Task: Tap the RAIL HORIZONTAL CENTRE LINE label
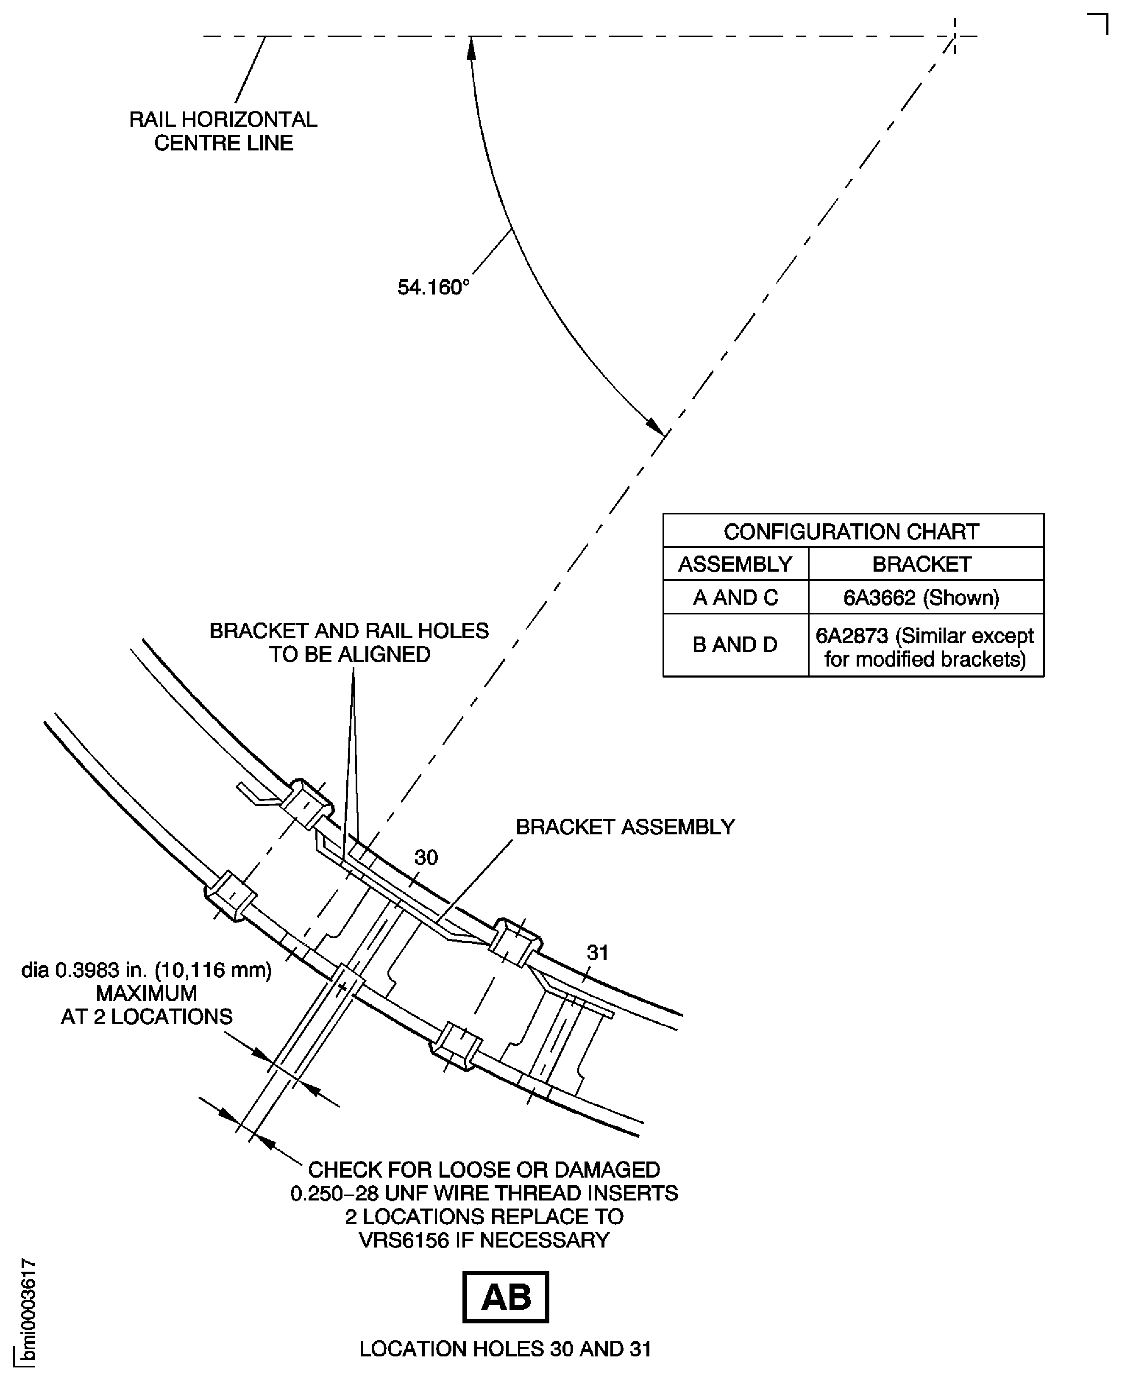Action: [x=223, y=131]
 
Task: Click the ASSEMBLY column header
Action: [x=735, y=564]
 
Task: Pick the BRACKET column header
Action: [x=922, y=564]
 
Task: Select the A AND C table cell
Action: [x=735, y=597]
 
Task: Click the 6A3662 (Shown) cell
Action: [x=922, y=597]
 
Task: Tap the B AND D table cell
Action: [x=735, y=644]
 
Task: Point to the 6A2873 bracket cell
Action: [x=924, y=647]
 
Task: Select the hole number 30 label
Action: [x=426, y=858]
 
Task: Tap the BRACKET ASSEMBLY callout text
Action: [x=625, y=827]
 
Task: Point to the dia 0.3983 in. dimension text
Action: [x=147, y=970]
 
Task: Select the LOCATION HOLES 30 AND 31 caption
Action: [x=505, y=1349]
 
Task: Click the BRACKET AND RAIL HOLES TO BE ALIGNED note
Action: [x=349, y=642]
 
